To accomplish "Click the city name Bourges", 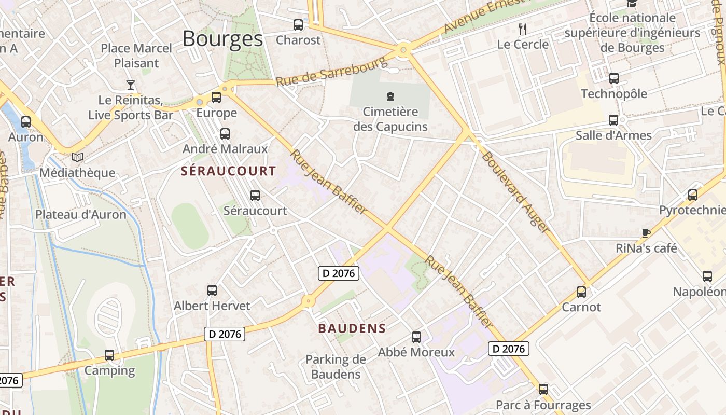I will coord(222,39).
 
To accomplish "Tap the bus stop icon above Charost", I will coord(298,24).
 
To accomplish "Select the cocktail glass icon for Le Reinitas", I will coord(131,85).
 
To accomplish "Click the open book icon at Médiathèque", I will coord(77,157).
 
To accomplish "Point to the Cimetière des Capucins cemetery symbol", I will coord(390,96).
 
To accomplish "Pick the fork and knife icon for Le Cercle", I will coord(523,29).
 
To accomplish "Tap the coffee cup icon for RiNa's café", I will coord(646,233).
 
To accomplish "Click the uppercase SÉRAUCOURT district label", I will coord(229,171).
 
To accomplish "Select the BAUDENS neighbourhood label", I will coord(352,328).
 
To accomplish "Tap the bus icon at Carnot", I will coord(581,292).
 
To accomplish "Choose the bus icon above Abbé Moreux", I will coord(416,337).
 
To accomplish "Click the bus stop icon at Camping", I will coord(109,355).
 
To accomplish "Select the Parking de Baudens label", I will coord(336,366).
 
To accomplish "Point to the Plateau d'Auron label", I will coord(81,214).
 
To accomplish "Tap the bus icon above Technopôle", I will coord(614,78).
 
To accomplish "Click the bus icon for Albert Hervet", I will coord(212,290).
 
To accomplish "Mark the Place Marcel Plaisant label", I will coord(136,56).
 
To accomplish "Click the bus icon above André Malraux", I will coord(225,134).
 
